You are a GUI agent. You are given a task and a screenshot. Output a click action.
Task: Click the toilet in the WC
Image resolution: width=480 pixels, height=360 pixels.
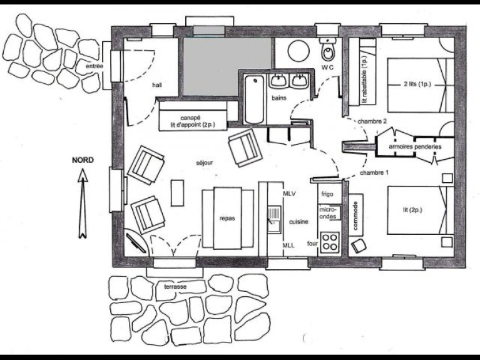click(x=327, y=49)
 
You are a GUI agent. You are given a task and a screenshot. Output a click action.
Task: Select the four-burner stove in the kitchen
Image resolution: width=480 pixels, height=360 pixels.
click(x=330, y=242)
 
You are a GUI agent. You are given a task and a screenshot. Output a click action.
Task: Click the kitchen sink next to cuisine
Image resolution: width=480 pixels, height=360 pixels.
click(x=274, y=219)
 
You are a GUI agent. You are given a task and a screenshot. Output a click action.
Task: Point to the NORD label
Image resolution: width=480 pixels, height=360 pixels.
click(x=83, y=160)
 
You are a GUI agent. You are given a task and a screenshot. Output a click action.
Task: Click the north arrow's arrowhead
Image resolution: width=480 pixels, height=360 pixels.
click(x=83, y=175)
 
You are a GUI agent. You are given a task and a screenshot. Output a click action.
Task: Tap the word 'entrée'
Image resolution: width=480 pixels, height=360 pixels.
click(x=94, y=66)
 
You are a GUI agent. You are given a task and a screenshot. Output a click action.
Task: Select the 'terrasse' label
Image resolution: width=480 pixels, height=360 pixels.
click(x=175, y=287)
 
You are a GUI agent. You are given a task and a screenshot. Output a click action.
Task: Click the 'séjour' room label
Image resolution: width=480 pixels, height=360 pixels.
click(x=205, y=163)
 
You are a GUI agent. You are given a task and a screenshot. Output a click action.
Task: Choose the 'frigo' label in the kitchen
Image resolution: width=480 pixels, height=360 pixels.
click(x=327, y=194)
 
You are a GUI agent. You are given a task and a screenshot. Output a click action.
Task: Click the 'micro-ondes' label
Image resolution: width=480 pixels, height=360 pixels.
click(x=328, y=213)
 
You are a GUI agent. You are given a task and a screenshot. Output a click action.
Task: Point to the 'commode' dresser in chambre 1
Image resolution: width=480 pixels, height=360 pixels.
click(x=355, y=215)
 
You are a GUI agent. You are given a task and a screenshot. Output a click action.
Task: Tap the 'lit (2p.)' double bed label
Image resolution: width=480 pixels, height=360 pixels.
click(x=412, y=210)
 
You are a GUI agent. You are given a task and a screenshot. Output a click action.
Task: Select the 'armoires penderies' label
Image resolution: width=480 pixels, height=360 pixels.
click(x=415, y=147)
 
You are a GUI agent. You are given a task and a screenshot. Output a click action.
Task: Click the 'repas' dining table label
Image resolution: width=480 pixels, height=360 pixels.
click(x=227, y=219)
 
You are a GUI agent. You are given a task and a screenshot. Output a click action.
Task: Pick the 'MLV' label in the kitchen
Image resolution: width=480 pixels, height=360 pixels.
click(x=289, y=193)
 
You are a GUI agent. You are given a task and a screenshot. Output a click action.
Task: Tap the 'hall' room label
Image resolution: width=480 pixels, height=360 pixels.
click(x=157, y=85)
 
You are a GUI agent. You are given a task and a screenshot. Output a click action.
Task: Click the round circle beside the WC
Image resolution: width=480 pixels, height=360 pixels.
click(x=299, y=51)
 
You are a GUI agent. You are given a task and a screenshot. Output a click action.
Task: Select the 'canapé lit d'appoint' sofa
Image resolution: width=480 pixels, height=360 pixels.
click(x=193, y=116)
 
